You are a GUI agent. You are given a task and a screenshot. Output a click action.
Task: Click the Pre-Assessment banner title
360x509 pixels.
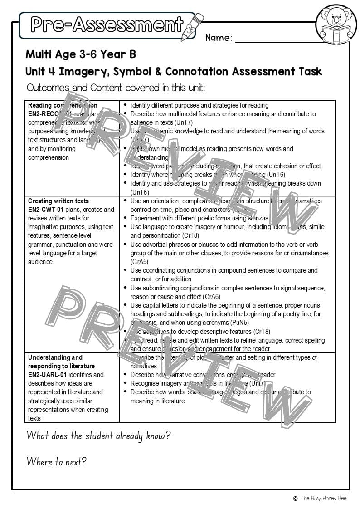107,24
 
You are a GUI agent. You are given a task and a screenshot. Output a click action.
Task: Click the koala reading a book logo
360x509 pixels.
336,25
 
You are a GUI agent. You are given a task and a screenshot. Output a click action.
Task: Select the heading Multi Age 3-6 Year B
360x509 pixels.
81,55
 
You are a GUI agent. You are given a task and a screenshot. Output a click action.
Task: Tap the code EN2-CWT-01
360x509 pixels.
45,210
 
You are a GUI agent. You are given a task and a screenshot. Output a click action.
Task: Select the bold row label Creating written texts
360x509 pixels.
58,201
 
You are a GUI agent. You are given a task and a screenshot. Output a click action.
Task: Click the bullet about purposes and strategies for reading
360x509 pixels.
199,105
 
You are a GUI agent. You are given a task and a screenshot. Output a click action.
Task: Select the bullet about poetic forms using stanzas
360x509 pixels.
199,218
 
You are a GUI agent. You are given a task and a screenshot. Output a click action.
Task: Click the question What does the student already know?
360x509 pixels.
98,436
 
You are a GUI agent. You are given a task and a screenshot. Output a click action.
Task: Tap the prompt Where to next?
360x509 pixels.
56,462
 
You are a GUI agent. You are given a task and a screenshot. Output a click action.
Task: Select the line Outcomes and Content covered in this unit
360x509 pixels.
116,88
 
